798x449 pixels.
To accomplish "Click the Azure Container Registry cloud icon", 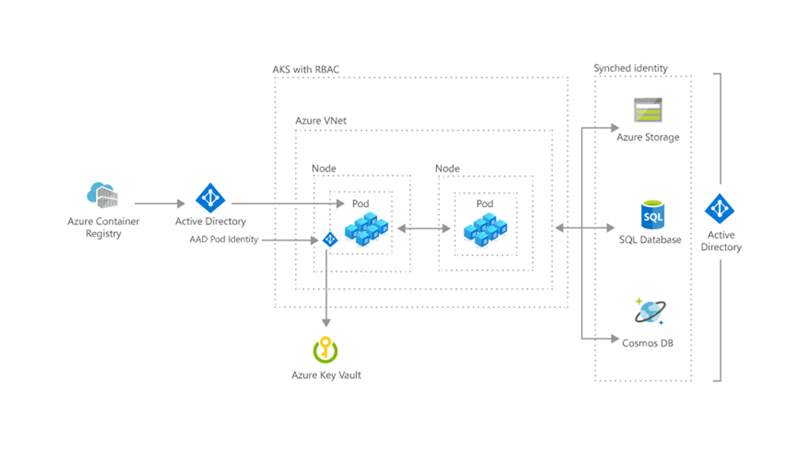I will click(x=102, y=195).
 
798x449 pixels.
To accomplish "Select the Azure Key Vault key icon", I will click(x=325, y=350).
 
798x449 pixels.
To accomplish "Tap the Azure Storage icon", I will click(x=648, y=110).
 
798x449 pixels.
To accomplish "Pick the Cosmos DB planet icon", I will click(x=650, y=312).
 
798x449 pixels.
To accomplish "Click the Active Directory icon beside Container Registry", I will click(x=210, y=198).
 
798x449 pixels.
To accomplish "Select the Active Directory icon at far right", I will click(x=720, y=209).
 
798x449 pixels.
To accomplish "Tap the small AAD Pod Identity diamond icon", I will click(x=329, y=239).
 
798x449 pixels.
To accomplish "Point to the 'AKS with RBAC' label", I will click(x=306, y=69).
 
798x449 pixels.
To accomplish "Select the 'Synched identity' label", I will click(x=630, y=68).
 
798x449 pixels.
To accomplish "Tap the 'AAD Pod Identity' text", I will click(x=224, y=239).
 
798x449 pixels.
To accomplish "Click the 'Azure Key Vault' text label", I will click(x=326, y=375).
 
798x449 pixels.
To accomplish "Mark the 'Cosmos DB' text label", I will click(x=648, y=343).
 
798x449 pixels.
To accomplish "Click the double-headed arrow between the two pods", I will click(x=423, y=229).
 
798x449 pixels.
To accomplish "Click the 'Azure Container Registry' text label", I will click(x=103, y=228).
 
